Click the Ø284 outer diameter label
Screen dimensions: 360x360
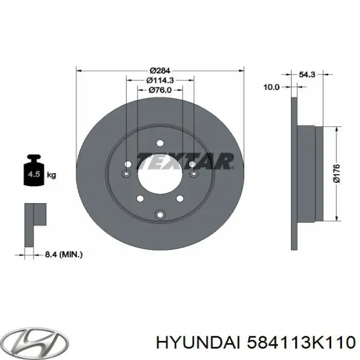point(160,71)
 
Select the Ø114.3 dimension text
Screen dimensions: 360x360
point(160,80)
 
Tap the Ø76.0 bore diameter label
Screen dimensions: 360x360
point(160,90)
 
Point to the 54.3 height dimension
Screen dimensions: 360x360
point(307,75)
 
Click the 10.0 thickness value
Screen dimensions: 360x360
point(271,87)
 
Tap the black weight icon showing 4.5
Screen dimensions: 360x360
point(34,172)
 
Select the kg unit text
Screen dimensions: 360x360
point(51,175)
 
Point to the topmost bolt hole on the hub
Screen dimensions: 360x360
point(160,143)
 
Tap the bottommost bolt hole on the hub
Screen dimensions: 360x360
point(160,214)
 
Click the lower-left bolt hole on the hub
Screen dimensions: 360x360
point(139,198)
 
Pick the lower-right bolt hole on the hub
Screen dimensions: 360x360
point(180,198)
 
